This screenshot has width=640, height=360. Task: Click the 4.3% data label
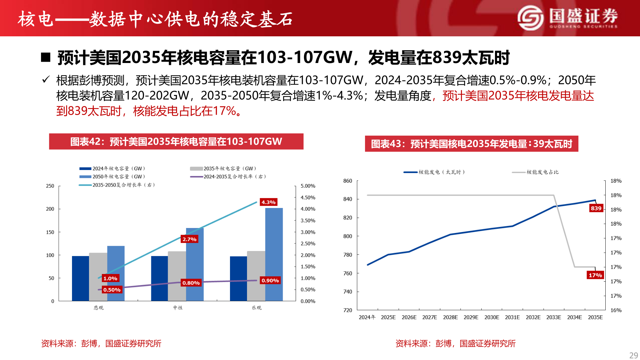[x=268, y=202]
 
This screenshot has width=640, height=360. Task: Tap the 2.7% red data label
[x=189, y=239]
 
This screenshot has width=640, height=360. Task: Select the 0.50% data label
[x=112, y=290]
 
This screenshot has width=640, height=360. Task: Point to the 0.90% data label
[x=270, y=280]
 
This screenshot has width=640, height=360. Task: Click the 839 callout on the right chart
[x=596, y=208]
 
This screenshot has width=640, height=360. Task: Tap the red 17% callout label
[x=595, y=275]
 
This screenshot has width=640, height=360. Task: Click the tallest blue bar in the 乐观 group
[x=274, y=253]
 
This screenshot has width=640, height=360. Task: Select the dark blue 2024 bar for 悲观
[x=80, y=278]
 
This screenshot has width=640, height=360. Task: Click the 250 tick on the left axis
[x=50, y=186]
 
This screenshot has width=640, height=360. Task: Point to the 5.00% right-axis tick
[x=308, y=186]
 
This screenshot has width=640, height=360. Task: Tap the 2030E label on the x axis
[x=492, y=317]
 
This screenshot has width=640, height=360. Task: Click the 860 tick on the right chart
[x=348, y=181]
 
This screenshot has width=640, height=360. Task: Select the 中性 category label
[x=178, y=308]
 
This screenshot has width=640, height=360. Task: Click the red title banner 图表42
[x=176, y=141]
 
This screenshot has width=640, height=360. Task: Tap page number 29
[x=633, y=355]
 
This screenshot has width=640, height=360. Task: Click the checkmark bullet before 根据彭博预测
[x=46, y=80]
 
